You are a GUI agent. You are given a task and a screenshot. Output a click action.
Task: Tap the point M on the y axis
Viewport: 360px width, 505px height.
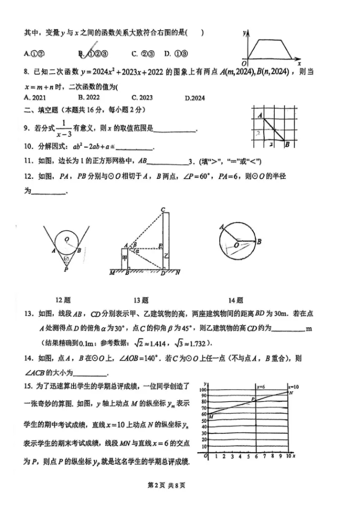(x=211, y=415)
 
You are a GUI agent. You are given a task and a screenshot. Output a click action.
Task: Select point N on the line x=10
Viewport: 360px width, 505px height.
(x=290, y=393)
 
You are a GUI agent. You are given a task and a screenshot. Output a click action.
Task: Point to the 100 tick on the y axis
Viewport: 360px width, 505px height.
(x=203, y=390)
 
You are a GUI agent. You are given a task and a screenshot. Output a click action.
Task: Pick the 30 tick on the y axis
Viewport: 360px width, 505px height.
(x=203, y=435)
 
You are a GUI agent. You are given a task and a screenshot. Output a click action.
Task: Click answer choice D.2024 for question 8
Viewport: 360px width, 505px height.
(x=195, y=98)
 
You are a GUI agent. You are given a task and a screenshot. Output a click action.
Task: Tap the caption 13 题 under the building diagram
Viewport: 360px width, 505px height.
(x=141, y=300)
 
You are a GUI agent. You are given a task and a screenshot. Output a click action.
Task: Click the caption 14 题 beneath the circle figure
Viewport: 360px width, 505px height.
(x=236, y=300)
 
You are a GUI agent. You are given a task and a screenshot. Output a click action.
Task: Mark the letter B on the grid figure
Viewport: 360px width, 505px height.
(x=287, y=144)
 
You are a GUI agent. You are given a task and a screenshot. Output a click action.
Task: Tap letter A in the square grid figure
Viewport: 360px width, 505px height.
(x=259, y=115)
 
